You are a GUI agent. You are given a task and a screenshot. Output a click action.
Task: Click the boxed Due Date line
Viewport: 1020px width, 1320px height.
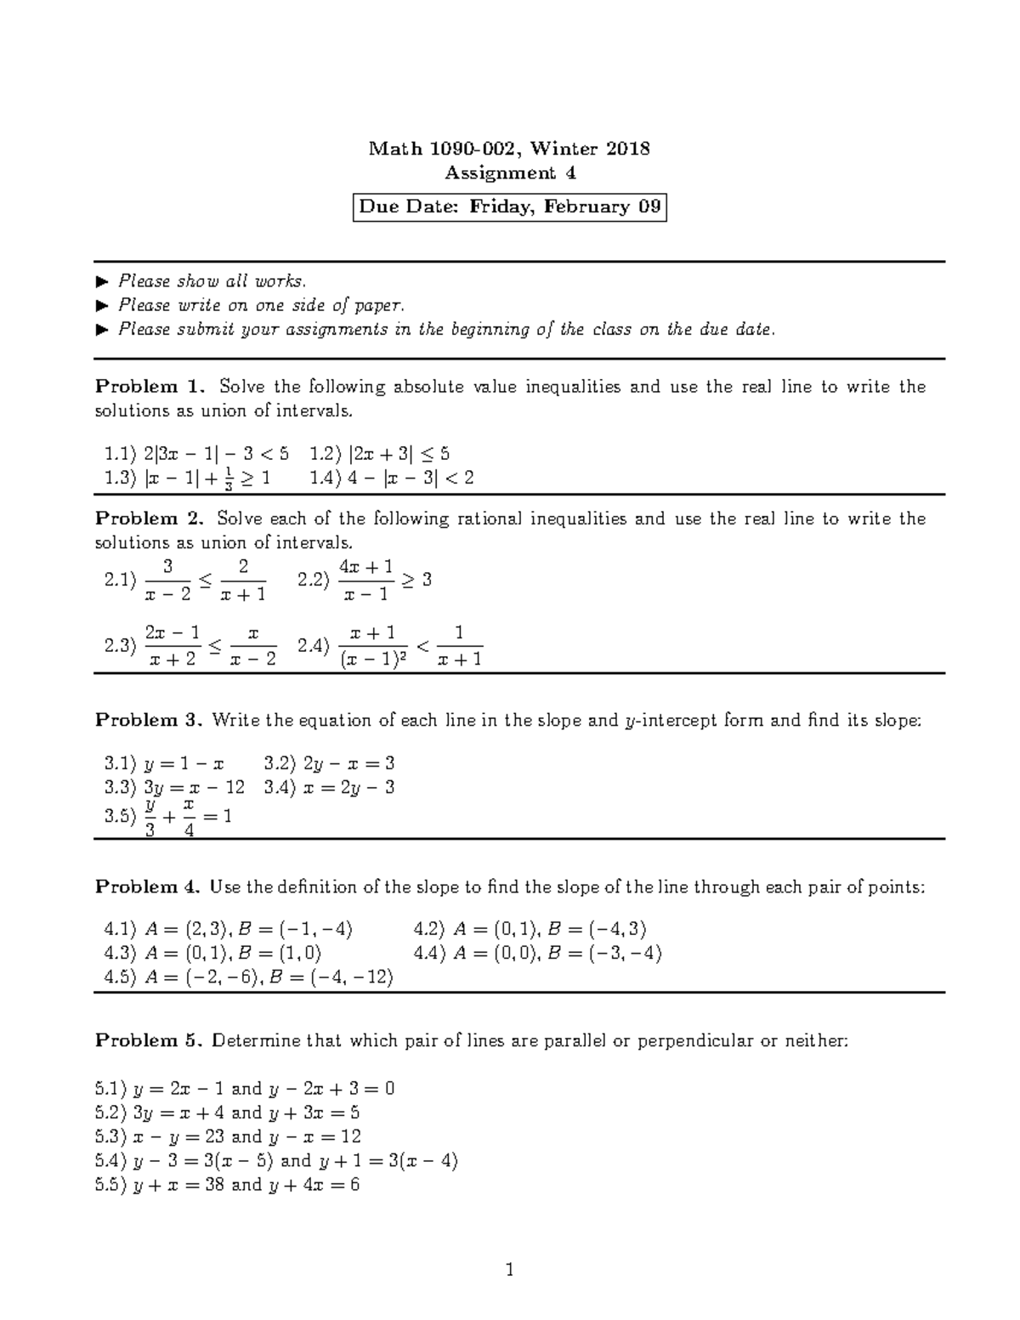click(509, 207)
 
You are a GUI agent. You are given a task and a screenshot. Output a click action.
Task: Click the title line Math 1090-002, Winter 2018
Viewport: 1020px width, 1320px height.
click(509, 149)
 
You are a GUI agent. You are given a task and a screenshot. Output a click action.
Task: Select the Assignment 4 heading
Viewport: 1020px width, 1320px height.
click(510, 173)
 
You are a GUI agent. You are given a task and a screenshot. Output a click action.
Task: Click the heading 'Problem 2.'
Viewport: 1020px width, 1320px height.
click(150, 518)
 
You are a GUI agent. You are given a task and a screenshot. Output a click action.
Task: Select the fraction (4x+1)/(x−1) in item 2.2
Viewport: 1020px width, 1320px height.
click(365, 581)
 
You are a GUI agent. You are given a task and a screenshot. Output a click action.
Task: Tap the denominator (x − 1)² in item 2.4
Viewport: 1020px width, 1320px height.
click(373, 659)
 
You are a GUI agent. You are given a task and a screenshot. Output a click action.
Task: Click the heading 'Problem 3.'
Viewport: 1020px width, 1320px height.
click(149, 721)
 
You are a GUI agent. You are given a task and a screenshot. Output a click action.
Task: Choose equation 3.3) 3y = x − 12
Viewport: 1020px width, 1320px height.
click(173, 787)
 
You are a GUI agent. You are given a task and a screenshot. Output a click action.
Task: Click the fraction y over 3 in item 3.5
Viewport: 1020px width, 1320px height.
click(150, 817)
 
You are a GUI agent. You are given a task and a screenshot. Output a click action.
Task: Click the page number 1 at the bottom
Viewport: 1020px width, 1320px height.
click(510, 1272)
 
